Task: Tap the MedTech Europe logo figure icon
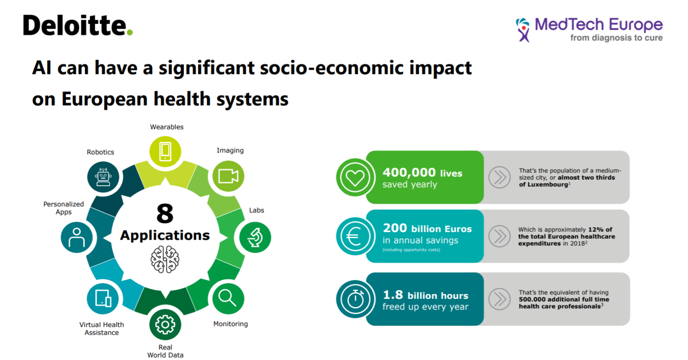(524, 30)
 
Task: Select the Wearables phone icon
(165, 151)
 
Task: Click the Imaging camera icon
(228, 176)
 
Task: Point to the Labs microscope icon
(255, 237)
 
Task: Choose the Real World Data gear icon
(165, 324)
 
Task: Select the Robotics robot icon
(103, 176)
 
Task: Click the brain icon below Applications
(165, 259)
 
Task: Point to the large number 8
(165, 214)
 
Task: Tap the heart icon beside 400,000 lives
(355, 177)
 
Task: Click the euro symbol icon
(355, 236)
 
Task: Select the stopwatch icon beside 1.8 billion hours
(355, 299)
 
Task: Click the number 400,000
(409, 172)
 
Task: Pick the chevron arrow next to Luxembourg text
(500, 177)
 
